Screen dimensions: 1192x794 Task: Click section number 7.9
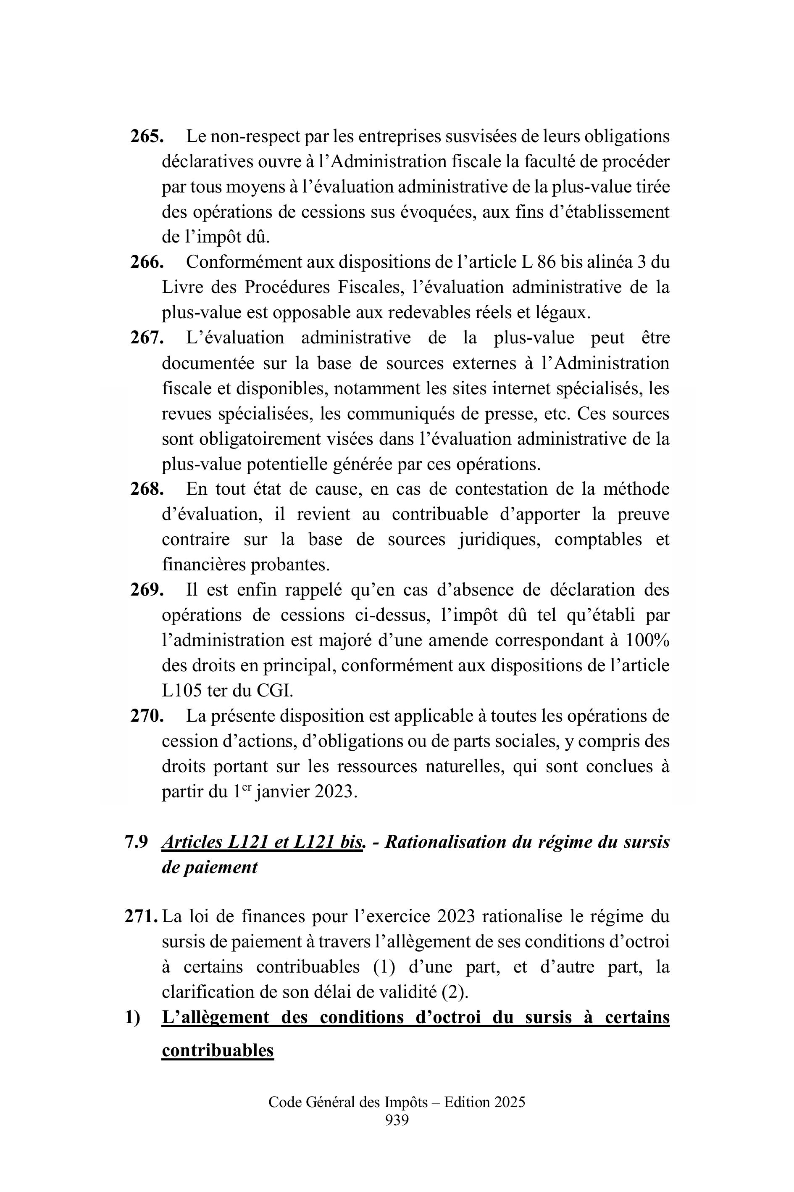[136, 842]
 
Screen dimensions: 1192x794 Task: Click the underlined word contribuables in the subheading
[218, 1050]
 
